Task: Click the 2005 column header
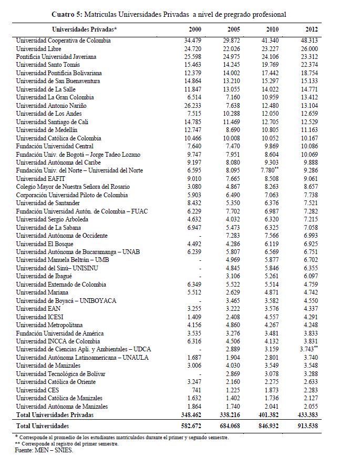coord(234,29)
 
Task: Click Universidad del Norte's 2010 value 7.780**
coord(273,170)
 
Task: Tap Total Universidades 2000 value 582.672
coord(192,425)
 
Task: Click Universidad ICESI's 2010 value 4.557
coord(270,317)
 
